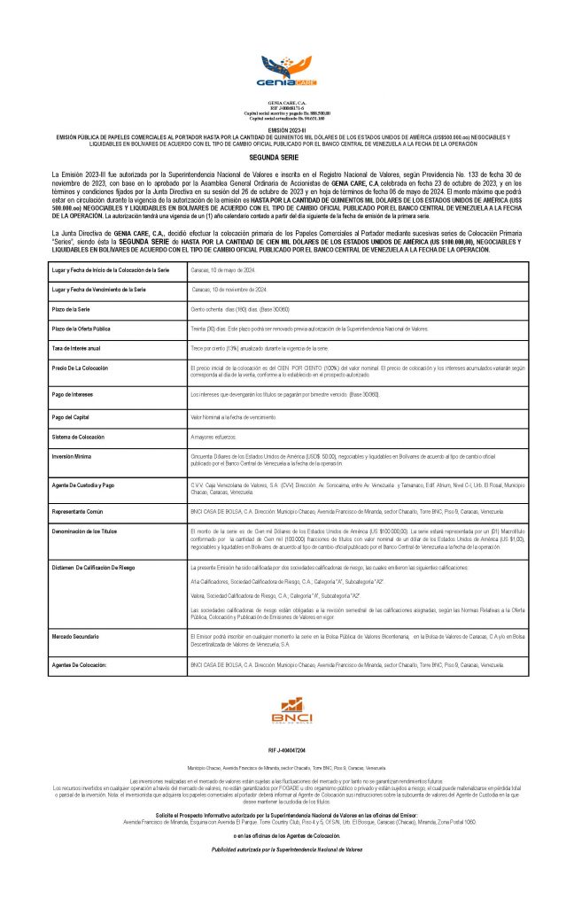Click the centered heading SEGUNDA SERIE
(x=286, y=155)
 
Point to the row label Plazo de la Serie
(x=81, y=309)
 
